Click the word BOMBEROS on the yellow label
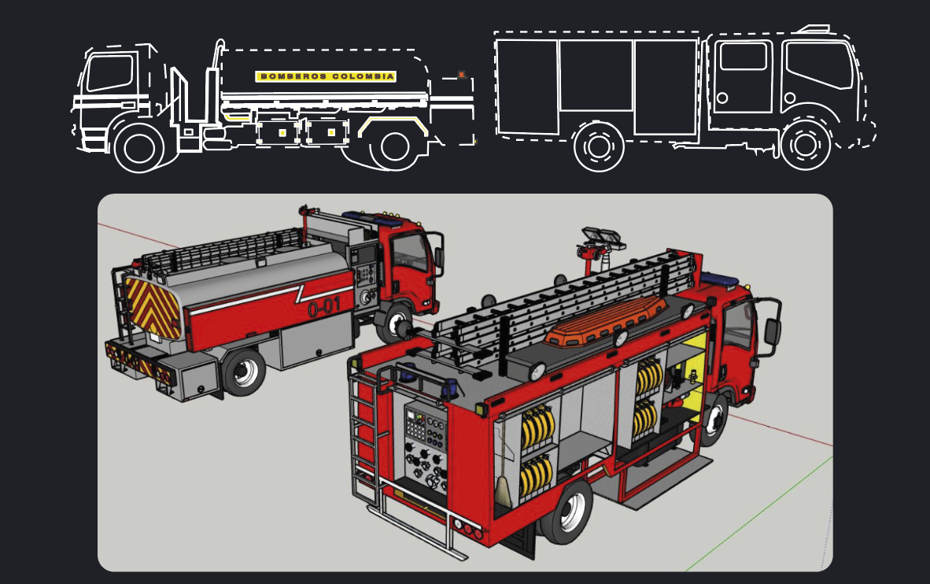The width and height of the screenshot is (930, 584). pos(293,76)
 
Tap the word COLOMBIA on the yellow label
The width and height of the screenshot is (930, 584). pos(363,76)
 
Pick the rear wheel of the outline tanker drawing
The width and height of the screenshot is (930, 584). pos(394,146)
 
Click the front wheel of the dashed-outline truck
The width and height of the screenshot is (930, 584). pos(805,145)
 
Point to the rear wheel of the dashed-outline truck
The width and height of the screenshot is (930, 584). pos(599,146)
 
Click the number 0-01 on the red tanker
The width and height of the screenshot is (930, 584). pos(324,307)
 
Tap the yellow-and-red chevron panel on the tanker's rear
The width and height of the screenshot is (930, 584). pos(152,309)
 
